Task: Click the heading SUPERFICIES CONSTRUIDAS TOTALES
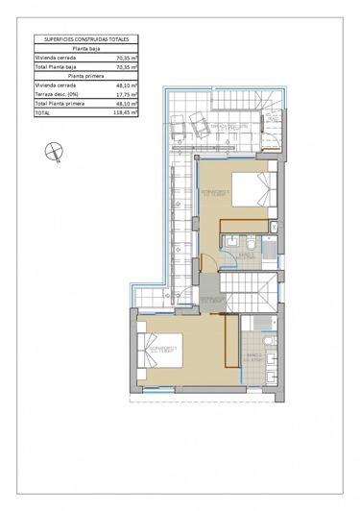[x=87, y=39]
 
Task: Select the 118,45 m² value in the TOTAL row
[x=127, y=112]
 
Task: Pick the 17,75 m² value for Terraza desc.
[x=127, y=94]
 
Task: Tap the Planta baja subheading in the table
[x=87, y=49]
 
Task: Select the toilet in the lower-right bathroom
[x=269, y=341]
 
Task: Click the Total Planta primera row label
[x=59, y=103]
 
